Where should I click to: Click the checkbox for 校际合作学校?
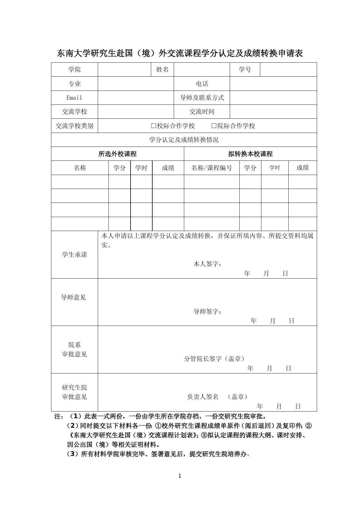click(x=154, y=126)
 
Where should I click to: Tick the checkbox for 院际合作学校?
click(x=214, y=126)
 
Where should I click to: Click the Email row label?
click(x=74, y=98)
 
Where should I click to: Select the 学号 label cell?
click(x=245, y=70)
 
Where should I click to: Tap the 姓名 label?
click(x=162, y=70)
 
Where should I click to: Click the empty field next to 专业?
click(x=136, y=84)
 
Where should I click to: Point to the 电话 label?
click(x=202, y=84)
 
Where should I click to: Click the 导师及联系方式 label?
click(x=202, y=98)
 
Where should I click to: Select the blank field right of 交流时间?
click(x=273, y=112)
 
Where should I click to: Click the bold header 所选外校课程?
click(x=117, y=154)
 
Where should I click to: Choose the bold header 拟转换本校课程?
click(x=250, y=154)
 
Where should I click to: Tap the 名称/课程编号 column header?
click(x=212, y=168)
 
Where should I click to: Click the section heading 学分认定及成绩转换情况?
click(x=184, y=140)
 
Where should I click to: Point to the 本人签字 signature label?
click(x=207, y=264)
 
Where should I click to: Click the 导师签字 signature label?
click(x=207, y=312)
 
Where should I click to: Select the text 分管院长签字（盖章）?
click(x=214, y=359)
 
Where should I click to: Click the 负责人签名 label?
click(x=203, y=397)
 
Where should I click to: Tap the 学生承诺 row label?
click(x=74, y=255)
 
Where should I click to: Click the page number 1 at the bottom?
click(x=180, y=476)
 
